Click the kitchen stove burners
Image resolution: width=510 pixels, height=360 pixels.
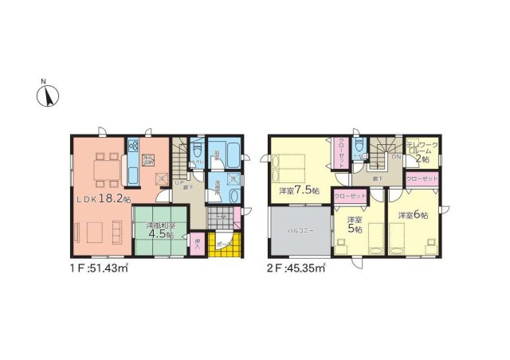coord(133,147)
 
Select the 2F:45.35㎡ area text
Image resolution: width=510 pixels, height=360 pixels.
coord(295,269)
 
